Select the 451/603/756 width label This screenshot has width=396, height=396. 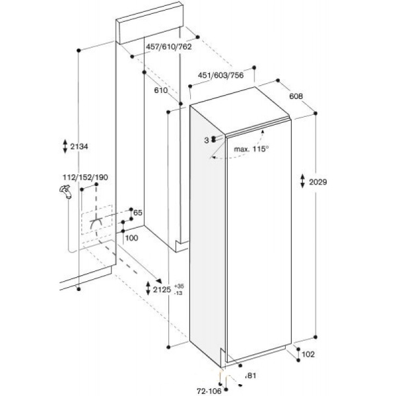point(220,75)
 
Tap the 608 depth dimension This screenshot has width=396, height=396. point(296,96)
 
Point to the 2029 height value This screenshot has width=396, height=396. point(318,182)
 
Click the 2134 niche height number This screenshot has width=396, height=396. point(79,147)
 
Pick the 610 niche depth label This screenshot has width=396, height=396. point(161,90)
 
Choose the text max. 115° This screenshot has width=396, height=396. point(251,149)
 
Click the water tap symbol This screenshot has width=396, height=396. point(65,191)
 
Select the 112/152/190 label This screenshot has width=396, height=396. point(85,178)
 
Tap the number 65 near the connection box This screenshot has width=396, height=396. point(138,213)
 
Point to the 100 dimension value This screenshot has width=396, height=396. point(131,238)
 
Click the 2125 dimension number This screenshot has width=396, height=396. point(162,290)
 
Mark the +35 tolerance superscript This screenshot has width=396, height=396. point(179,286)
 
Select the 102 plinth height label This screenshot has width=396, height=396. point(308,354)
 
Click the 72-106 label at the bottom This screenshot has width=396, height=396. point(209,391)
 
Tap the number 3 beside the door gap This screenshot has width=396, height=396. point(207,141)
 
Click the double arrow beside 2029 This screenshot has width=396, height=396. point(302,181)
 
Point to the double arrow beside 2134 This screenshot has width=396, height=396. point(65,146)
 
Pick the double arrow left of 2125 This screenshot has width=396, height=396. point(148,288)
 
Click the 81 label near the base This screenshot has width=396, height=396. point(251,376)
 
